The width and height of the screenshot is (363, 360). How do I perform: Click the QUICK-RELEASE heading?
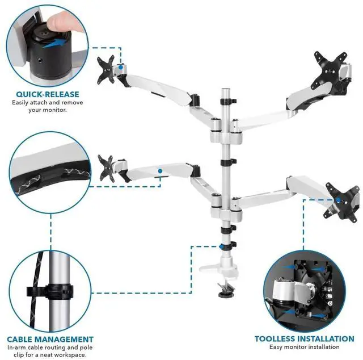coord(47,94)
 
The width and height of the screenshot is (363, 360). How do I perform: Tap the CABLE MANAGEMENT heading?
coord(50,339)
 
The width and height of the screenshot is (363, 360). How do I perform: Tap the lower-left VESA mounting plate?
coord(107,166)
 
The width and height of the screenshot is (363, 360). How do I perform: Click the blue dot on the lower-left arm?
coord(161,170)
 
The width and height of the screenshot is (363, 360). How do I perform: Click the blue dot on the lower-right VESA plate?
coord(339,199)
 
